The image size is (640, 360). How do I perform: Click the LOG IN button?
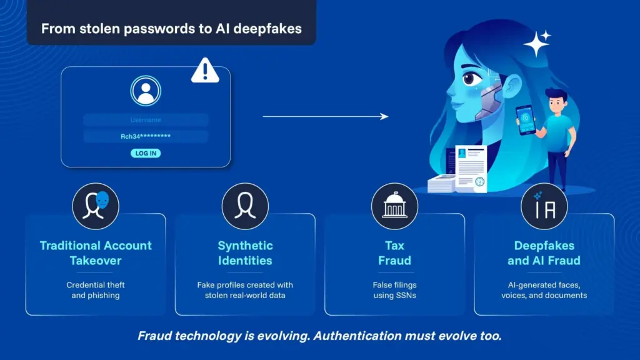click(146, 153)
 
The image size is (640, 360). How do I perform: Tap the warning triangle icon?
click(205, 71)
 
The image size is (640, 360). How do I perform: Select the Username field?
click(146, 120)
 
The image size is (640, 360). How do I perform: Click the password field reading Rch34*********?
click(146, 136)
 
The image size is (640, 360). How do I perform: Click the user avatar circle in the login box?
click(146, 91)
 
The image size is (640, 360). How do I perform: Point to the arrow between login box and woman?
click(325, 116)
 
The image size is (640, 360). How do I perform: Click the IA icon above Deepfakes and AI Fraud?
click(544, 206)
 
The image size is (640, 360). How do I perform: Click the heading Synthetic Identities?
click(245, 252)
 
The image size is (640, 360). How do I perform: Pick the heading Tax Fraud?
click(394, 252)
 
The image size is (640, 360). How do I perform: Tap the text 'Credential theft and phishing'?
click(96, 289)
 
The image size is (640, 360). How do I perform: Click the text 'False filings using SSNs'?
click(394, 289)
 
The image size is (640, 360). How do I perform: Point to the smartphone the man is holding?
click(525, 119)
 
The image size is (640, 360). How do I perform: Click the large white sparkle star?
click(536, 44)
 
